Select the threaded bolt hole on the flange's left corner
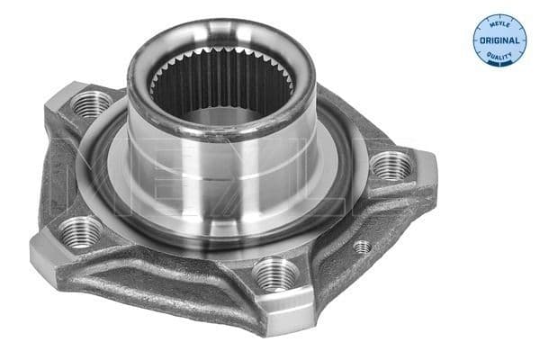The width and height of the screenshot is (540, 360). pyautogui.click(x=82, y=231)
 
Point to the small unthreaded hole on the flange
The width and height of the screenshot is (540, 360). pyautogui.click(x=362, y=246)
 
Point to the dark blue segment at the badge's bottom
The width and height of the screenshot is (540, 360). pyautogui.click(x=499, y=61)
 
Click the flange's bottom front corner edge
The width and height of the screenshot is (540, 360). pyautogui.click(x=270, y=310)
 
